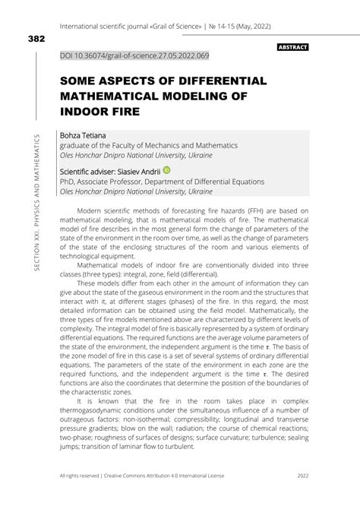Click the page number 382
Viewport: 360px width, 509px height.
click(x=36, y=39)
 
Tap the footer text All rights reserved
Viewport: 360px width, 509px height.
click(x=84, y=497)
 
